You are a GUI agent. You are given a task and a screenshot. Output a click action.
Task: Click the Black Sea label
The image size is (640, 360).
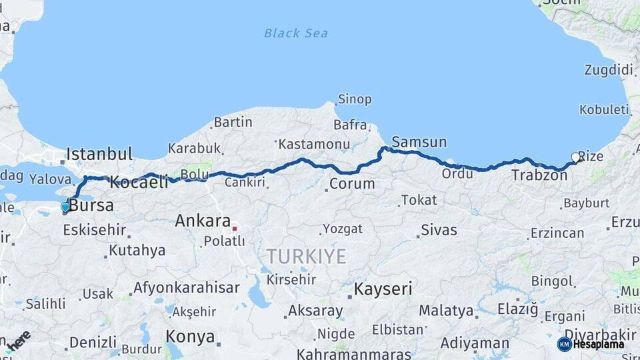coord(295,33)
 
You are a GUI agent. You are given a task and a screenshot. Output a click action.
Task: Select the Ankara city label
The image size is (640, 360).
coord(203,221)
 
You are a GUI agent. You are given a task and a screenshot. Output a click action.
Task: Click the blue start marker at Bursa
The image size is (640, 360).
coord(65,207)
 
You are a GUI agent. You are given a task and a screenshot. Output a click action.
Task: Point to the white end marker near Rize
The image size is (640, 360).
coord(576,158)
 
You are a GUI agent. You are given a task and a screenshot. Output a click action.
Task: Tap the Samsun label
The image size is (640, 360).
coord(419,142)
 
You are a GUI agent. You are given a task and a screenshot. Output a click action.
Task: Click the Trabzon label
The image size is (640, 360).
coord(539,176)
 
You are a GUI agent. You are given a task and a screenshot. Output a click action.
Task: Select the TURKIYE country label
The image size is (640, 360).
coord(307,257)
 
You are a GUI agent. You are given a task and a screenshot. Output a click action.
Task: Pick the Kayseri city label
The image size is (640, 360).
coord(383,289)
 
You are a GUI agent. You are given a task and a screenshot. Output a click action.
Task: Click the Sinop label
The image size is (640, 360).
coord(355,99)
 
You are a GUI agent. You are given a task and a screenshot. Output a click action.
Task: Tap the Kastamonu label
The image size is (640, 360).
coord(314,144)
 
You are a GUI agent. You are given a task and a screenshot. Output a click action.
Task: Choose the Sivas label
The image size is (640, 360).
coord(439,231)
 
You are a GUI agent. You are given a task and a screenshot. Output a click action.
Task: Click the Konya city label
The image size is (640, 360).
coord(190,335)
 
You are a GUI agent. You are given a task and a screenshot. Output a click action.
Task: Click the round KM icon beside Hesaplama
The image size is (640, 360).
coord(564,344)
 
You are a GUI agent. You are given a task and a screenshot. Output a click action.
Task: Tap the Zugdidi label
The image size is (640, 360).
coord(608,70)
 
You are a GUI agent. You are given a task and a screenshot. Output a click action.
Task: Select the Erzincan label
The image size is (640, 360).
coord(557,233)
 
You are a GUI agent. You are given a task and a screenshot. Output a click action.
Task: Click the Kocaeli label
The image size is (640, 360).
coord(139,181)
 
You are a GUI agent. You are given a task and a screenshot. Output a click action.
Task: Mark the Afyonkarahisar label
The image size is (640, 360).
coord(186,288)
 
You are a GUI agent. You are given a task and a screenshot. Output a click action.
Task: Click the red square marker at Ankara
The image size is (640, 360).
coord(235,229)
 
